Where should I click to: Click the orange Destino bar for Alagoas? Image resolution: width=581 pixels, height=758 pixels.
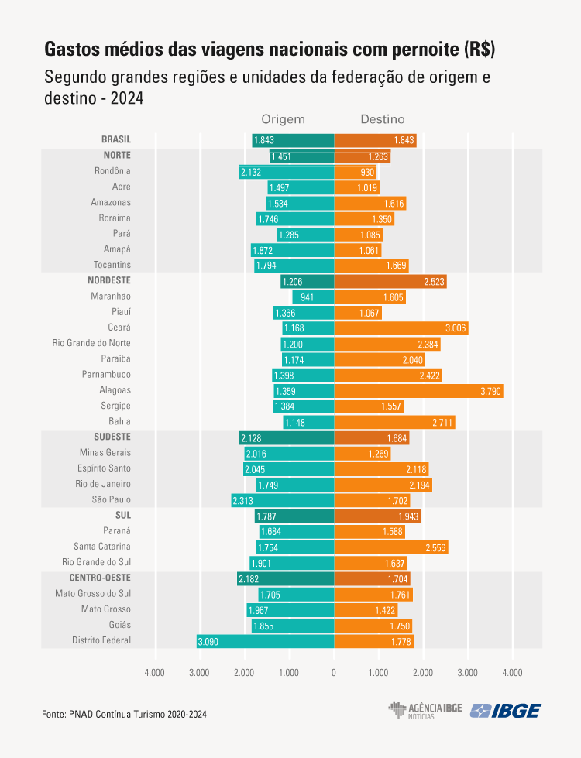418,391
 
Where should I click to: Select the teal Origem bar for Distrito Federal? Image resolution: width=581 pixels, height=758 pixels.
265,641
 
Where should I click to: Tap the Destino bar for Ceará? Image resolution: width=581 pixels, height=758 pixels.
401,328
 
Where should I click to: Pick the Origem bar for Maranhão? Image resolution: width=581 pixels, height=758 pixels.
313,297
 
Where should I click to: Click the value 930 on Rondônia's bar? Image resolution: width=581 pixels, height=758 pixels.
367,171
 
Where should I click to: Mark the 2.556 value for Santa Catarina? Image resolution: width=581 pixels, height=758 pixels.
435,547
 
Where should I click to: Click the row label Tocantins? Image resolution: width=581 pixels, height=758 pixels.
113,265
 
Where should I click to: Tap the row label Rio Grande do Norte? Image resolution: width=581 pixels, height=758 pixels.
91,343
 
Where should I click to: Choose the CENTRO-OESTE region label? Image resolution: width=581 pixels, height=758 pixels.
100,578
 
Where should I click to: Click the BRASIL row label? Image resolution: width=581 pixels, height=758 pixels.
116,139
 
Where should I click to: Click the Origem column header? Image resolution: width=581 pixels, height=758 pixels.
283,119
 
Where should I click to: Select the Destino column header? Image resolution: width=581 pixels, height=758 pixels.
383,119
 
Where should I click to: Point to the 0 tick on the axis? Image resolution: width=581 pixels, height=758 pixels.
334,672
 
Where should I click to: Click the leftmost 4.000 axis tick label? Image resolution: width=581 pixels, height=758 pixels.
155,672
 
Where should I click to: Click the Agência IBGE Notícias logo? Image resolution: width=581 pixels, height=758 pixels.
425,711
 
